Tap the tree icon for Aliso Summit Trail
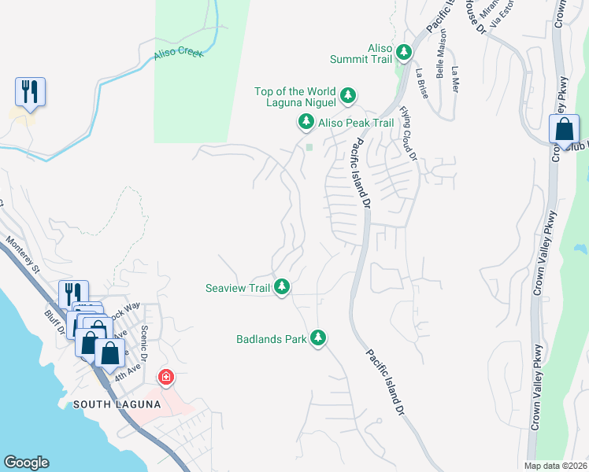(404, 52)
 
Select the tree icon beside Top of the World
(347, 97)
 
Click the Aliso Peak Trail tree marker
(306, 122)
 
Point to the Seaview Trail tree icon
(282, 288)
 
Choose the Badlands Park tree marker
(317, 338)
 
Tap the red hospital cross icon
(165, 378)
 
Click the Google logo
(26, 463)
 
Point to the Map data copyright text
(554, 466)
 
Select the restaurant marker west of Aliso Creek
(30, 92)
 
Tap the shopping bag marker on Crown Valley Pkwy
(564, 130)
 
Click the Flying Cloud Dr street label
(407, 134)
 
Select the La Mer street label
(454, 79)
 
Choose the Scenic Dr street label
(144, 339)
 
